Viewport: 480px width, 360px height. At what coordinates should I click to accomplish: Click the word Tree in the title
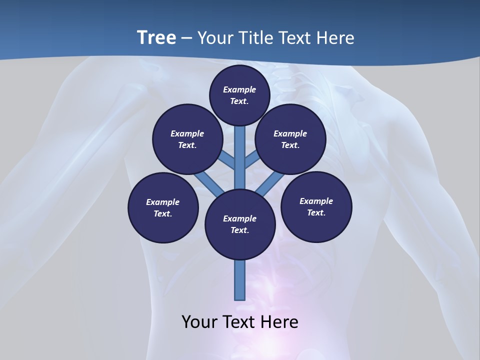[156, 37]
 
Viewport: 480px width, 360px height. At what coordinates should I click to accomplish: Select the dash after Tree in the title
[187, 38]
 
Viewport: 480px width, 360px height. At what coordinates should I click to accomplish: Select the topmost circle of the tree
[239, 95]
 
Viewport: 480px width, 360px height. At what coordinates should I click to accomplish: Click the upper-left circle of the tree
[187, 139]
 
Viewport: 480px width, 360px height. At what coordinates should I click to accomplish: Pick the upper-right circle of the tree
[290, 139]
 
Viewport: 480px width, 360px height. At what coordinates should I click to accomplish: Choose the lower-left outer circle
[163, 207]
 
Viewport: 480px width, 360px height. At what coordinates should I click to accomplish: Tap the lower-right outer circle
[316, 206]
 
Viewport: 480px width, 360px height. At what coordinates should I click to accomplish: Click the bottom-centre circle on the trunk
[240, 224]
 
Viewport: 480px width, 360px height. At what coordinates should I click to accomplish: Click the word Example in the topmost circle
[239, 89]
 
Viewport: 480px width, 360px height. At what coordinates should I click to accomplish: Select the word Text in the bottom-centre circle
[239, 230]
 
